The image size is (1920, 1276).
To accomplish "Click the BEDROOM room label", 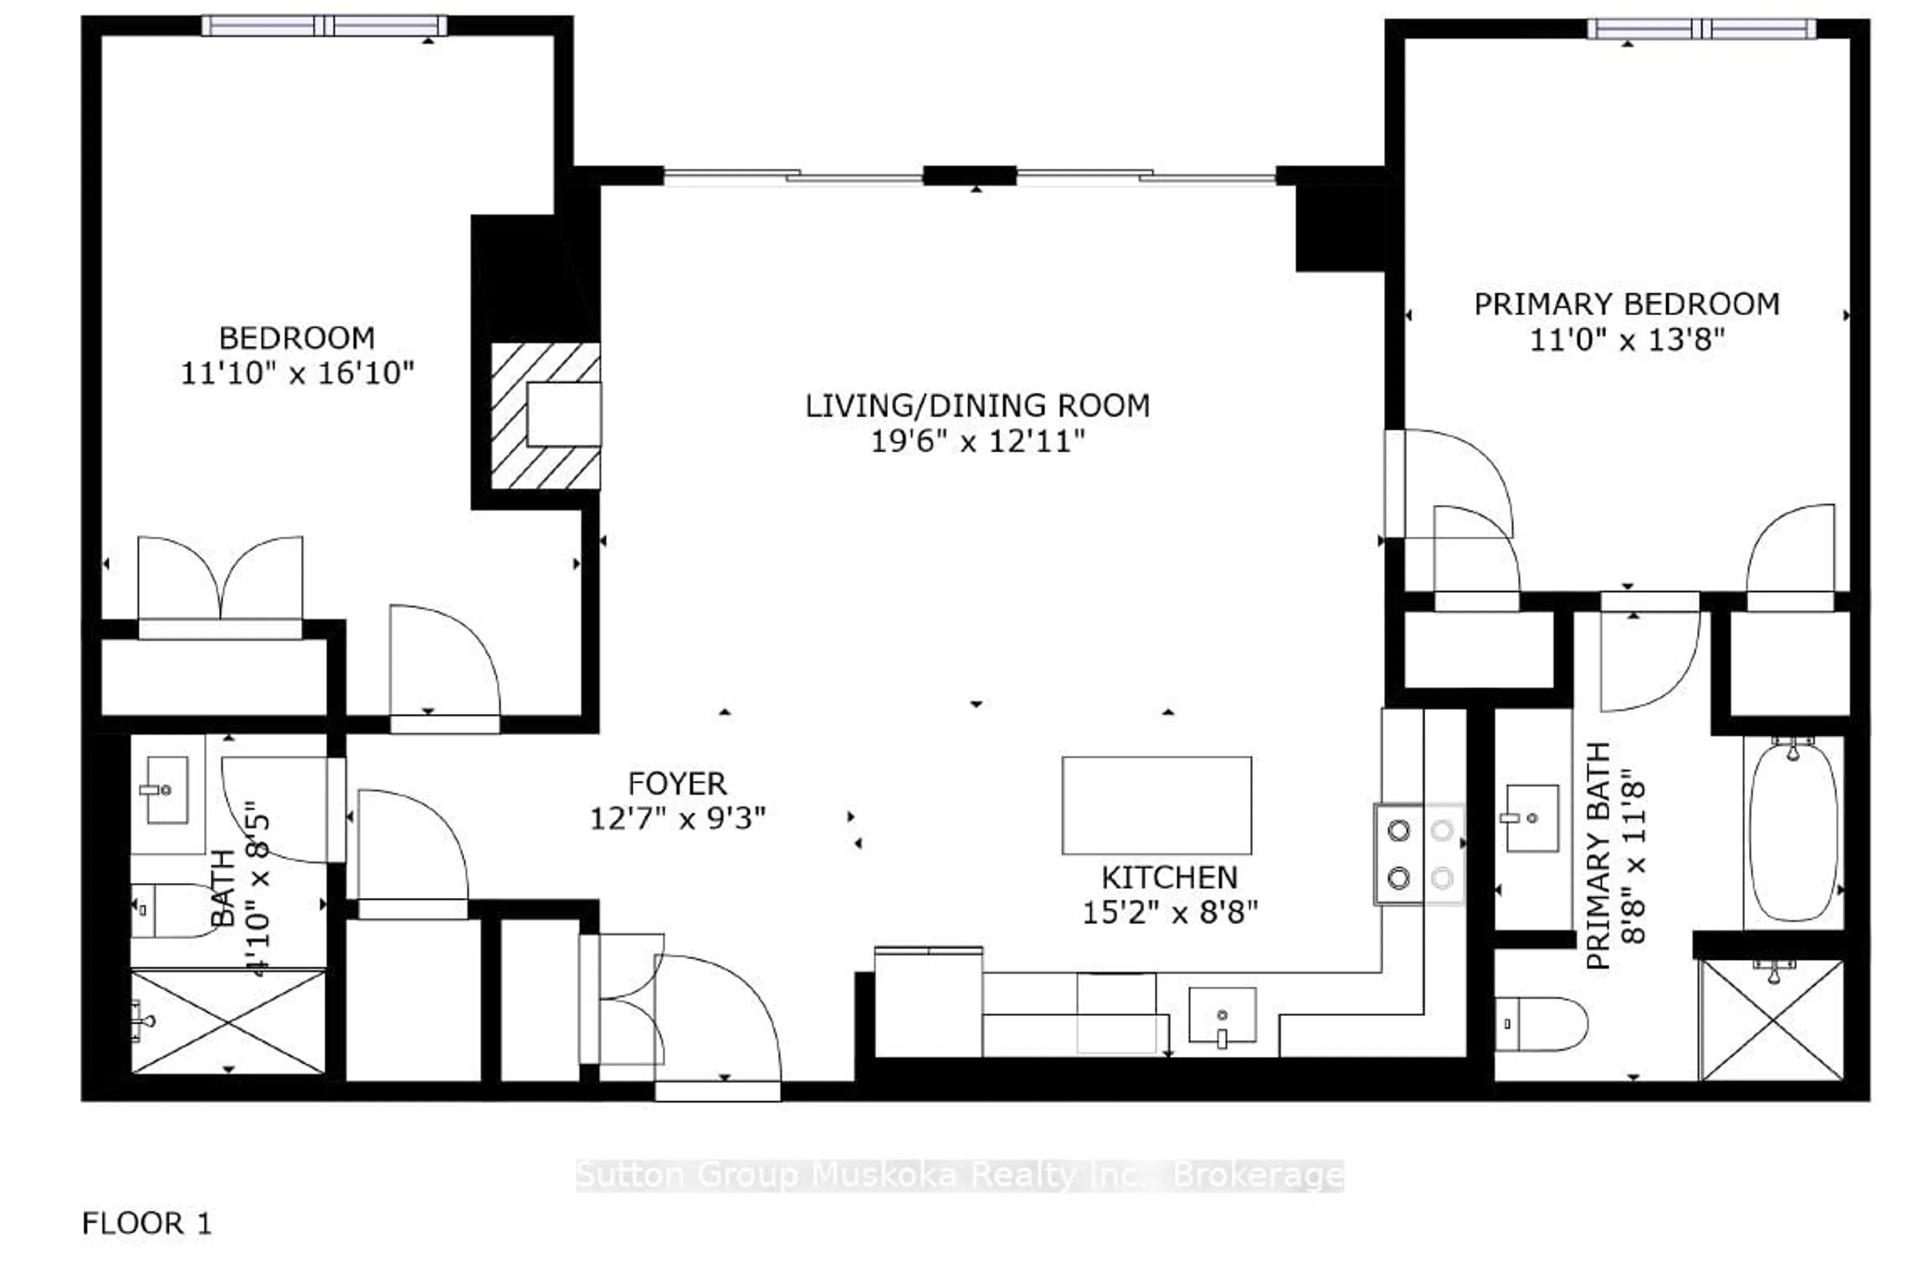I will (296, 338).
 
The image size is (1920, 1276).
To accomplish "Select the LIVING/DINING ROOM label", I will (976, 405).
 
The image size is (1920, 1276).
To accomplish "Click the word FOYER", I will (676, 784).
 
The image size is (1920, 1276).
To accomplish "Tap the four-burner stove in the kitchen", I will (1418, 854).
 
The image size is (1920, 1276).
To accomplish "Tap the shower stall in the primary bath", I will (1771, 1021).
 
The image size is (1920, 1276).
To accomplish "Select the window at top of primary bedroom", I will (1701, 29).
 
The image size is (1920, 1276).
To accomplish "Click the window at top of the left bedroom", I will (324, 26).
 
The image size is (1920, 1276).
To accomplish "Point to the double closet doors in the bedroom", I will (220, 582).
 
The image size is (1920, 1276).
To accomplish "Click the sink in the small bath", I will (167, 789).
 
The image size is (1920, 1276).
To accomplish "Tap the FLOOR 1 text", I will (146, 1223).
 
